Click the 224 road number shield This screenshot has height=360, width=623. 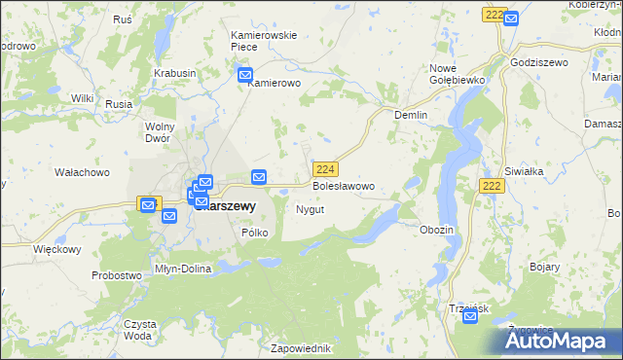point(326,168)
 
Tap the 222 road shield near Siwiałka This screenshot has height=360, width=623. point(491,185)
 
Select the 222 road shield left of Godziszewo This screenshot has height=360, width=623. point(494,16)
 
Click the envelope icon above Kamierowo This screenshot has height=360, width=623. point(244,74)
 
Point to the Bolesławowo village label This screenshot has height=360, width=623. point(343,185)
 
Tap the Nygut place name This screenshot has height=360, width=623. point(310,209)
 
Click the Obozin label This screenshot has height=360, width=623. point(436,229)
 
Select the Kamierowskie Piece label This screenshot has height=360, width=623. point(263,41)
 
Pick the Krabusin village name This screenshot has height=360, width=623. point(175,73)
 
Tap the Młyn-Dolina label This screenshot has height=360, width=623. point(183,268)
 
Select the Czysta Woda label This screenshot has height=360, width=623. point(138,329)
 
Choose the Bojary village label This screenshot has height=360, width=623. point(545,265)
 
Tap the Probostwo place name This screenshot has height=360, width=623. point(117,275)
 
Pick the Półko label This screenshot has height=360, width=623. point(254,233)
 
